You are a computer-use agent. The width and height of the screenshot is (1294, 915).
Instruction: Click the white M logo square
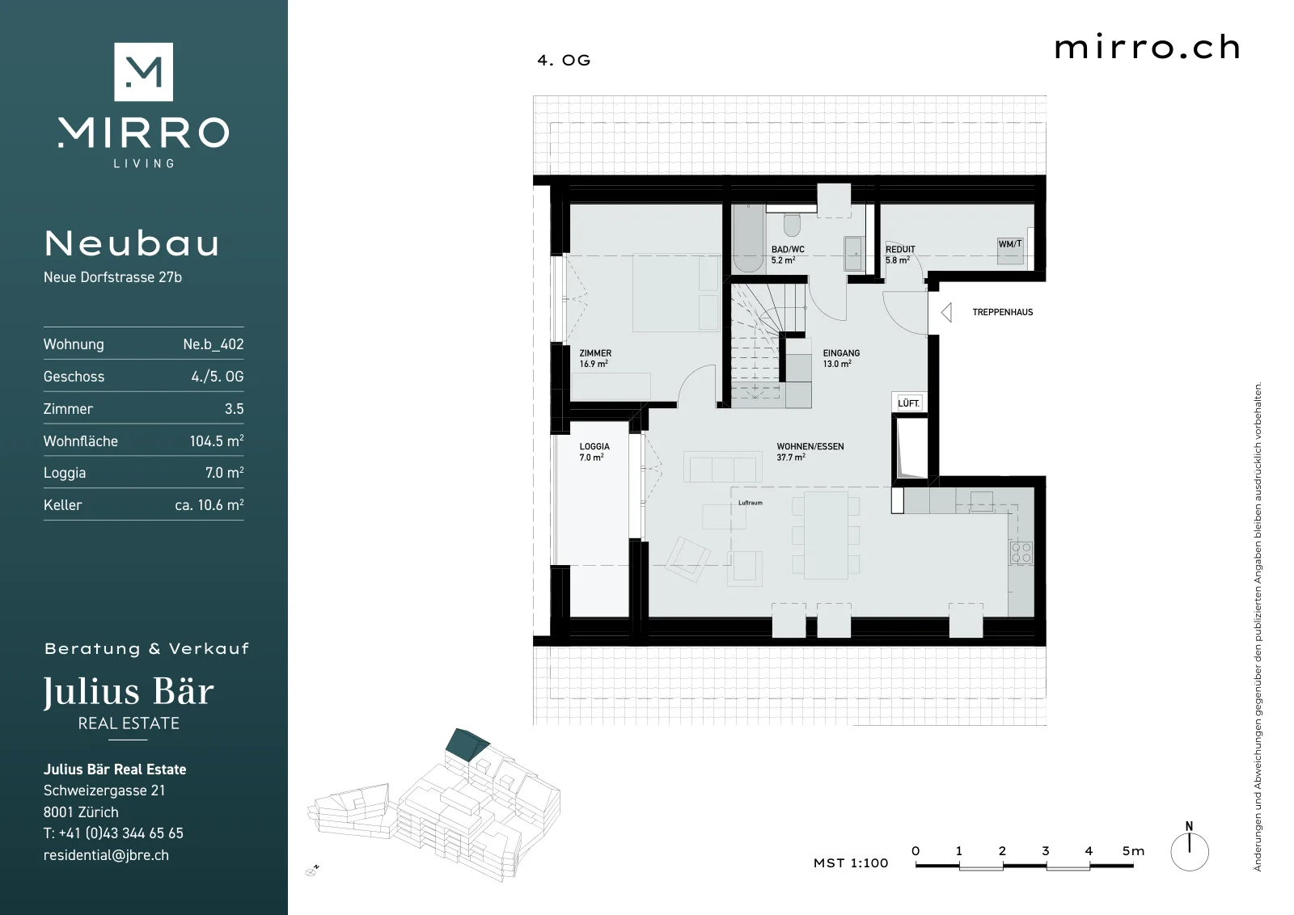point(143,72)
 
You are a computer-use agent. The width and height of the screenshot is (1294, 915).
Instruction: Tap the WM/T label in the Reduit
point(1010,244)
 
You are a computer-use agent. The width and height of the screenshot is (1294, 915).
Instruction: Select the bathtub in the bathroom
point(749,238)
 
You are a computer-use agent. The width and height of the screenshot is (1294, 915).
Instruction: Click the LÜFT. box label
point(909,403)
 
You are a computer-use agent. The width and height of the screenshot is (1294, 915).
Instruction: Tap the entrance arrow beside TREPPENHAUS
point(945,312)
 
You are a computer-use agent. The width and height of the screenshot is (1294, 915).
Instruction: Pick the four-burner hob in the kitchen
point(1021,552)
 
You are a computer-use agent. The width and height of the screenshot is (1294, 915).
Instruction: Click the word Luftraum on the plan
point(751,503)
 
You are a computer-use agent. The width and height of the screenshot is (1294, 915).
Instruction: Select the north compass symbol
point(1190,847)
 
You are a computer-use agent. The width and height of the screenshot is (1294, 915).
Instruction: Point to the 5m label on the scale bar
point(1133,851)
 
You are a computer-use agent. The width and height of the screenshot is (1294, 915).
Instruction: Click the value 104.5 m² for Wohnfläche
point(217,441)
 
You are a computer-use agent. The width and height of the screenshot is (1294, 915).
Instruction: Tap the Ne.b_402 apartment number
point(214,344)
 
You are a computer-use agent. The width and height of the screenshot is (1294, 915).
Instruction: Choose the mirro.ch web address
point(1148,48)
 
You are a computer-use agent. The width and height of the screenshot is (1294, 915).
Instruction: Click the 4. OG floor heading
point(564,60)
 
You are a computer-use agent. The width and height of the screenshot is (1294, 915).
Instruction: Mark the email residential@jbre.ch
point(106,855)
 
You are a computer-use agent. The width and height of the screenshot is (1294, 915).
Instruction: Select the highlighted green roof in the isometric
point(467,744)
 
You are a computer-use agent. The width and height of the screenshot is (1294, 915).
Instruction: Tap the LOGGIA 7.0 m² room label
point(594,452)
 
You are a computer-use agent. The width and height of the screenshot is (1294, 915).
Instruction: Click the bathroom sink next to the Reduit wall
point(853,254)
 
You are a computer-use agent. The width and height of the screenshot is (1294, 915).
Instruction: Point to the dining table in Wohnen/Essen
point(826,535)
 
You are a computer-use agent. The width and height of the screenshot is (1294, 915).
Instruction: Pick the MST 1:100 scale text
point(850,863)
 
